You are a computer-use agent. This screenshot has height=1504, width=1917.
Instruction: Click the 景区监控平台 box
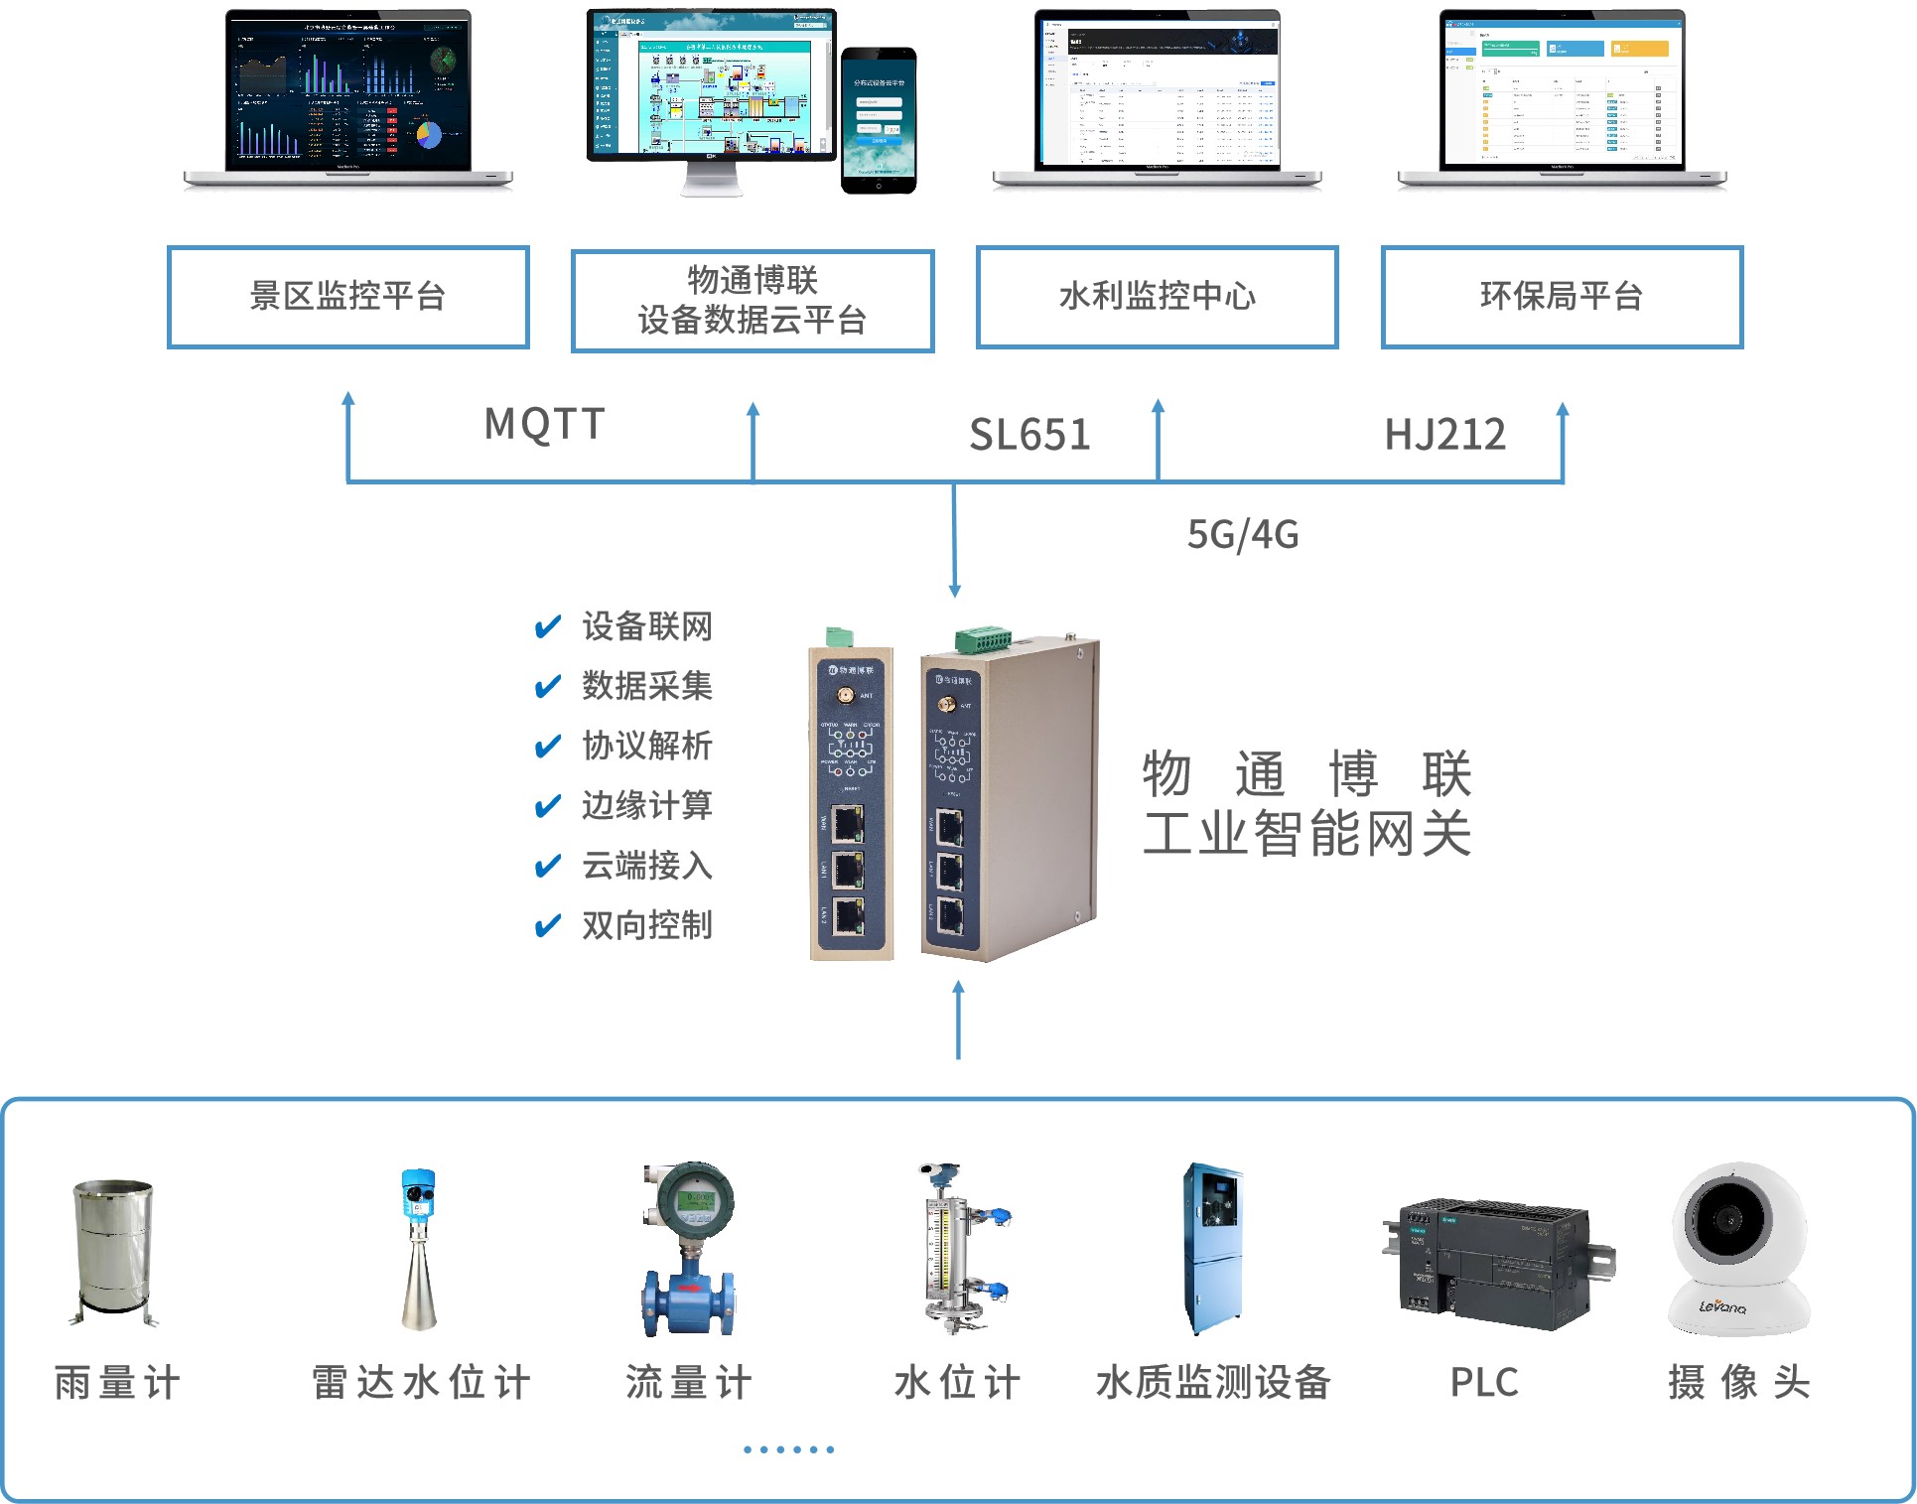[347, 296]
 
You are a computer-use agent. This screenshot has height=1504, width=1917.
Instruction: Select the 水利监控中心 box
[1157, 296]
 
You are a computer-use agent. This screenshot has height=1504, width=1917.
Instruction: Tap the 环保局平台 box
[1561, 296]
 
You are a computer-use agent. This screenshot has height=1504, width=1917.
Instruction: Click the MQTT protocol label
[544, 424]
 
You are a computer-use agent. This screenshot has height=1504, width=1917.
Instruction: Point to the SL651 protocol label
[1029, 435]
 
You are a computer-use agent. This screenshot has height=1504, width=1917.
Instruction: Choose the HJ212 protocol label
[1444, 435]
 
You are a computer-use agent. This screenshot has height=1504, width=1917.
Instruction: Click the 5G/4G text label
[1243, 534]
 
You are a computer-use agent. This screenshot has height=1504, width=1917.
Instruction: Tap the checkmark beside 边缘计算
[547, 806]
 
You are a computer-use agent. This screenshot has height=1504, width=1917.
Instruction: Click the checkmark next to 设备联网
[547, 627]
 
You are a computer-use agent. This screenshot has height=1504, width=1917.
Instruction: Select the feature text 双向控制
[646, 925]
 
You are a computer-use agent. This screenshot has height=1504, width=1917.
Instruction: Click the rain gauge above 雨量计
[114, 1251]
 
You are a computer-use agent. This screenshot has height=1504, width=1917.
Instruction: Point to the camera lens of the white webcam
[1730, 1218]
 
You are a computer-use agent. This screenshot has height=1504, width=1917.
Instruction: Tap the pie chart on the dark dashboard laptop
[428, 134]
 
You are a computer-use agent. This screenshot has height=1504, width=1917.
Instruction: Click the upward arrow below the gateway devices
[958, 1019]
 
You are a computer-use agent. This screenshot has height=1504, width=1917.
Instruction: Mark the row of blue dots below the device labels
[789, 1449]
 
